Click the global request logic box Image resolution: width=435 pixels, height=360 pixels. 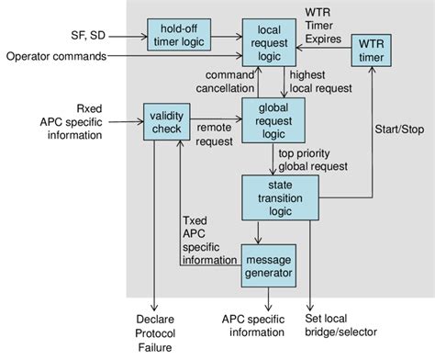click(273, 122)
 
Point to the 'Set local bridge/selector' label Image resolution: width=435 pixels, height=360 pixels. click(351, 326)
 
